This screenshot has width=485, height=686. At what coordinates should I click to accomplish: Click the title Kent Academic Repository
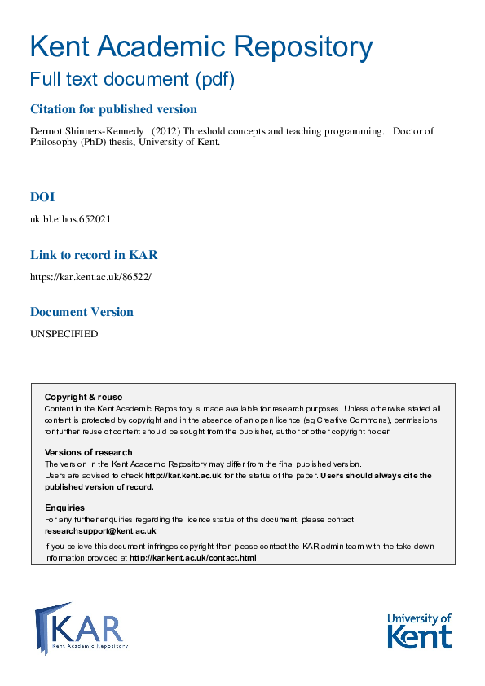[x=201, y=46]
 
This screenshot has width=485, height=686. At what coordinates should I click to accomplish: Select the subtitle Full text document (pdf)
[x=132, y=80]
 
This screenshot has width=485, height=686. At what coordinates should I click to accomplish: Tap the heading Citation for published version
[x=113, y=109]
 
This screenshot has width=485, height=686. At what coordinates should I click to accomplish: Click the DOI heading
[x=42, y=197]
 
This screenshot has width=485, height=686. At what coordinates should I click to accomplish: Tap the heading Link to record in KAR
[x=93, y=255]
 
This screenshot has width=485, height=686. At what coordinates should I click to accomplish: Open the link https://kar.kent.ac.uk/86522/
[x=90, y=276]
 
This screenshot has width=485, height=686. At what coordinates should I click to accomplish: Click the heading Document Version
[x=82, y=312]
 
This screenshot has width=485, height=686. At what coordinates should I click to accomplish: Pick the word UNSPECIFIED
[x=64, y=334]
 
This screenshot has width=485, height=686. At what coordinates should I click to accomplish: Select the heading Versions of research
[x=88, y=452]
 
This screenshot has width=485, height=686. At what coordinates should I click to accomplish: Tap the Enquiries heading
[x=64, y=508]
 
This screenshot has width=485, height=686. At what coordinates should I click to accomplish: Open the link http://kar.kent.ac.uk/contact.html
[x=193, y=558]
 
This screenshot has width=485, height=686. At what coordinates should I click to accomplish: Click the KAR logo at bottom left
[x=82, y=628]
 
